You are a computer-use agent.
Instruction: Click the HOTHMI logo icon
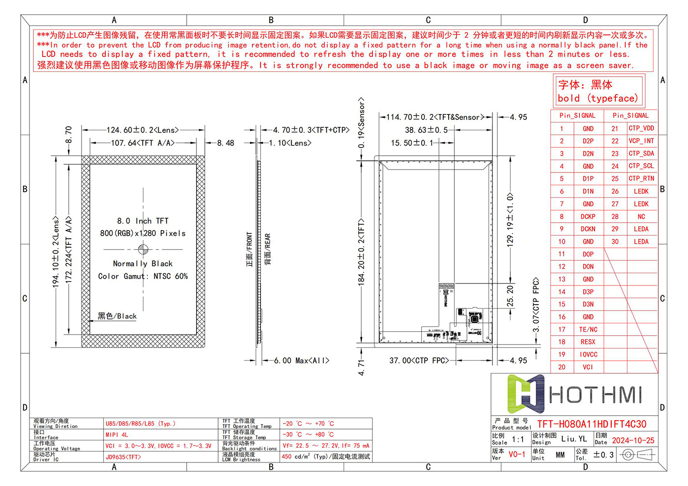pyautogui.click(x=525, y=394)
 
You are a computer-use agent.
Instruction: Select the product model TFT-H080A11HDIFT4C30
pyautogui.click(x=592, y=424)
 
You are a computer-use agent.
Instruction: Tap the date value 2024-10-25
pyautogui.click(x=633, y=440)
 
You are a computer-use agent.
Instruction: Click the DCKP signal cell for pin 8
pyautogui.click(x=588, y=216)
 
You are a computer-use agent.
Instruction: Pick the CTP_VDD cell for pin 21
pyautogui.click(x=641, y=128)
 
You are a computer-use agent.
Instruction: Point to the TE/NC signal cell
pyautogui.click(x=588, y=329)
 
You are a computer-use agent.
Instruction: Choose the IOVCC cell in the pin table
pyautogui.click(x=588, y=354)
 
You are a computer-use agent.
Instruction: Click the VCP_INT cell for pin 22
pyautogui.click(x=641, y=141)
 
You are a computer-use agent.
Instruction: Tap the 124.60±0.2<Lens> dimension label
pyautogui.click(x=143, y=130)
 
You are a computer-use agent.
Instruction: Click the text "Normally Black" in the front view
pyautogui.click(x=143, y=264)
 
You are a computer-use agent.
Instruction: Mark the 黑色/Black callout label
pyautogui.click(x=117, y=316)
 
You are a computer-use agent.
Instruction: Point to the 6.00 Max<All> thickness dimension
pyautogui.click(x=301, y=361)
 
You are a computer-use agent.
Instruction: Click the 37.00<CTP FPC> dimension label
pyautogui.click(x=419, y=361)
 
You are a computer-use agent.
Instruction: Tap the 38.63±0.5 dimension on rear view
pyautogui.click(x=426, y=130)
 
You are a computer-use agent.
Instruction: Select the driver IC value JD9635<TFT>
pyautogui.click(x=123, y=457)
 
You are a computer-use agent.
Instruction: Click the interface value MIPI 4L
pyautogui.click(x=117, y=435)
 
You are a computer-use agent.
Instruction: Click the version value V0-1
pyautogui.click(x=516, y=455)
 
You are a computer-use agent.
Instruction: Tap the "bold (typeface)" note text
pyautogui.click(x=598, y=98)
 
